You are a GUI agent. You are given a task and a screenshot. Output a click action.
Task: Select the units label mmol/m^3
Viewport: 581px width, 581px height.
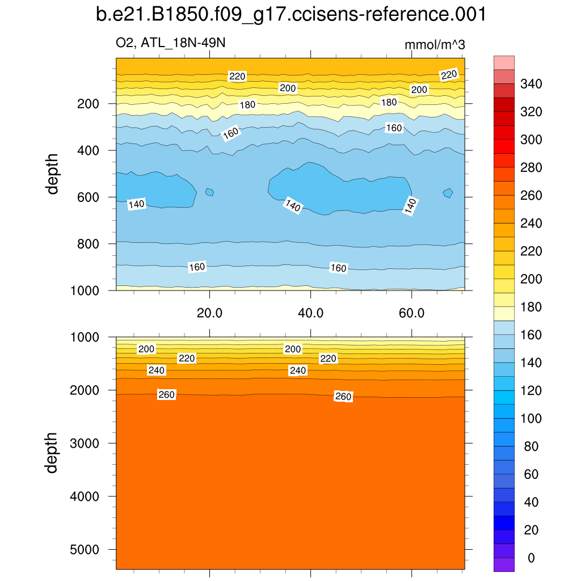coord(435,44)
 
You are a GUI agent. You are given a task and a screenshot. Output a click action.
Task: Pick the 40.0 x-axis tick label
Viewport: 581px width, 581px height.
coord(311,313)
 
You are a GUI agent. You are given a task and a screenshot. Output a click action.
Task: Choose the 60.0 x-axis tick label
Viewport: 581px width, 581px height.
coord(412,313)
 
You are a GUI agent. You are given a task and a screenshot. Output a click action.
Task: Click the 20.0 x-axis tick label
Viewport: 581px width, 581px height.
coord(210,313)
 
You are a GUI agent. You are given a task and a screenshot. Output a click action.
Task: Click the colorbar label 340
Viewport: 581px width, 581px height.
coord(531,85)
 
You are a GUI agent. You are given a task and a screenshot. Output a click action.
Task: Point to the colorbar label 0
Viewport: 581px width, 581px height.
coord(531,558)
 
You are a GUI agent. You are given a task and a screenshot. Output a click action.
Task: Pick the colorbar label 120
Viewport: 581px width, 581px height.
coord(531,391)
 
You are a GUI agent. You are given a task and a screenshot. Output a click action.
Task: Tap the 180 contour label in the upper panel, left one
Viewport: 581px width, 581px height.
coord(248,104)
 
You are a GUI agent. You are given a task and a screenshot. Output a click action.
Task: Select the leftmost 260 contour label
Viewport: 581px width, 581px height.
coord(166,395)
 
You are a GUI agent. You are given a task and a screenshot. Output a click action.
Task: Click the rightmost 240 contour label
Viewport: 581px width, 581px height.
coord(298,371)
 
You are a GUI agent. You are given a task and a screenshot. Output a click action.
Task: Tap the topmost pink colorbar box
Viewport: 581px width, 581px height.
coord(504,62)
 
